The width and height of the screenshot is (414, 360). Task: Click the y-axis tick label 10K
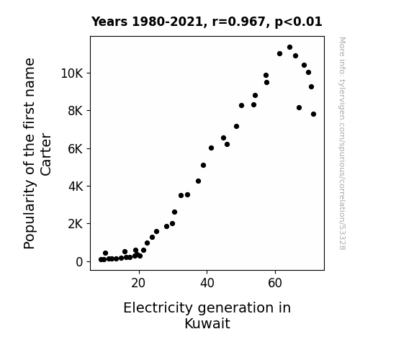(x=72, y=73)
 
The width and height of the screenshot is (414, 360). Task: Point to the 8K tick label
(x=76, y=111)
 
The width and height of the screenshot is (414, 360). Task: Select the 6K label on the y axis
(x=76, y=149)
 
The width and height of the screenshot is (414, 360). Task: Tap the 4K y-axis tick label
(x=76, y=186)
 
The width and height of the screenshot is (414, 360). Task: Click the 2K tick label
(x=76, y=224)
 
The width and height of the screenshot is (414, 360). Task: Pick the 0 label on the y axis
(x=79, y=262)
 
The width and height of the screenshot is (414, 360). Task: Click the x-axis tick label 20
(x=138, y=283)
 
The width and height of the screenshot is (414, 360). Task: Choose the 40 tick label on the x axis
(x=207, y=283)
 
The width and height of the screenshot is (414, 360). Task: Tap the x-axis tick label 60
(x=275, y=283)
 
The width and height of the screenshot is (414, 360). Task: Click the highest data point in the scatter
(x=289, y=48)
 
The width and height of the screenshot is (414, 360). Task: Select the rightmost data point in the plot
(x=313, y=114)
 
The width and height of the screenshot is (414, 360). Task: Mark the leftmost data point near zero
(x=101, y=260)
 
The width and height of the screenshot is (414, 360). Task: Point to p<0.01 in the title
(x=298, y=22)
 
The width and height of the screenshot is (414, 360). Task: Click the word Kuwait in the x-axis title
(x=207, y=323)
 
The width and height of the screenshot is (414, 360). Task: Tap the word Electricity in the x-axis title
(x=158, y=308)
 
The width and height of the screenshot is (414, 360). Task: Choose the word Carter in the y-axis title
(x=46, y=155)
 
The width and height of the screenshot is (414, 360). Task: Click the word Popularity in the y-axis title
(x=30, y=215)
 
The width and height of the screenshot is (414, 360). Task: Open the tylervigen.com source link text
(x=342, y=143)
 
